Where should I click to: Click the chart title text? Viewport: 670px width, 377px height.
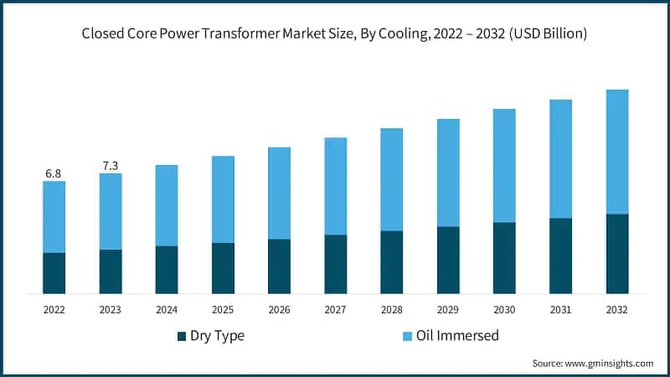coord(334,34)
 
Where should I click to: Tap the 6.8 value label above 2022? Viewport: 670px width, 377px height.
coord(54,173)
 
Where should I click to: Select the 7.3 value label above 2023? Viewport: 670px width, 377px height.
coord(111,166)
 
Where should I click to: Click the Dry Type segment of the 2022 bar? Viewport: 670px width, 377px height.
coord(54,273)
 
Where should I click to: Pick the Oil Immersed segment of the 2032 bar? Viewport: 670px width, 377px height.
coord(617,152)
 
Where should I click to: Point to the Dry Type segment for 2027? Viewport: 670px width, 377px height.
coord(336,264)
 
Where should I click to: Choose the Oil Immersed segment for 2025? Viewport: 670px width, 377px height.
coord(223,199)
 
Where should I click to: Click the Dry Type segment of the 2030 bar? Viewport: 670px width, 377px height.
coord(504,258)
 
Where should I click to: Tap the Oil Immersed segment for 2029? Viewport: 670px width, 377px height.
coord(448,173)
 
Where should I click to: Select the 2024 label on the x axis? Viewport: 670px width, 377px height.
coord(167,310)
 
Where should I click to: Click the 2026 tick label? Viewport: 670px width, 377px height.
coord(279,310)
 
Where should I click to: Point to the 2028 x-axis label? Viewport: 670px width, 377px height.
coord(392,310)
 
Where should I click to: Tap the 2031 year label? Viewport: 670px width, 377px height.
coord(560,310)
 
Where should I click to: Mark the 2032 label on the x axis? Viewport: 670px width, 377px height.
coord(617,310)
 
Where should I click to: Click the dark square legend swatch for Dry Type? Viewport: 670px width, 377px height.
coord(182,337)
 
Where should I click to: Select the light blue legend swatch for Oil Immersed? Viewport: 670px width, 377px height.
coord(408,337)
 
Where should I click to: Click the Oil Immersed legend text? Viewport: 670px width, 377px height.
coord(459,336)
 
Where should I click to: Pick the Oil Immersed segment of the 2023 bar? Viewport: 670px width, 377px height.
coord(111,211)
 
